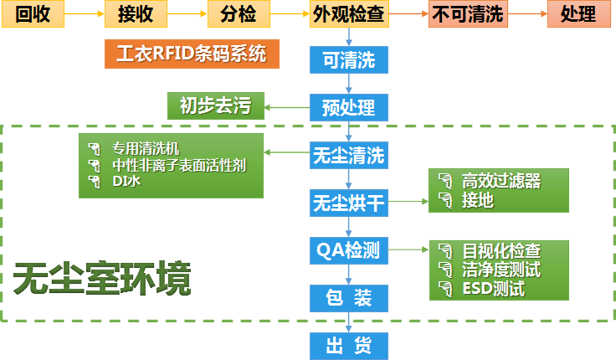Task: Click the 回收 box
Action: pyautogui.click(x=32, y=15)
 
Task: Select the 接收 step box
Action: pyautogui.click(x=136, y=15)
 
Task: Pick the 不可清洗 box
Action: pyautogui.click(x=468, y=15)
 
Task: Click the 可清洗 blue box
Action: pyautogui.click(x=349, y=60)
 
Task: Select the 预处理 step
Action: pyautogui.click(x=349, y=107)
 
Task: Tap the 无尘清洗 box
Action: pyautogui.click(x=349, y=155)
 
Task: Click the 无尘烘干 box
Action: pyautogui.click(x=349, y=203)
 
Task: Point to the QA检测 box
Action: pyautogui.click(x=349, y=251)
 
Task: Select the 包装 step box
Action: pyautogui.click(x=349, y=298)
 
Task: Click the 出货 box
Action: pyautogui.click(x=349, y=344)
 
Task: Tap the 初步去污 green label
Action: pyautogui.click(x=216, y=105)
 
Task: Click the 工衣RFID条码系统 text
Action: pyautogui.click(x=191, y=54)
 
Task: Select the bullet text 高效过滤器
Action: pyautogui.click(x=501, y=181)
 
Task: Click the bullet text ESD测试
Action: pyautogui.click(x=493, y=289)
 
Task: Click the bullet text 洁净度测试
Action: pyautogui.click(x=501, y=270)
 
